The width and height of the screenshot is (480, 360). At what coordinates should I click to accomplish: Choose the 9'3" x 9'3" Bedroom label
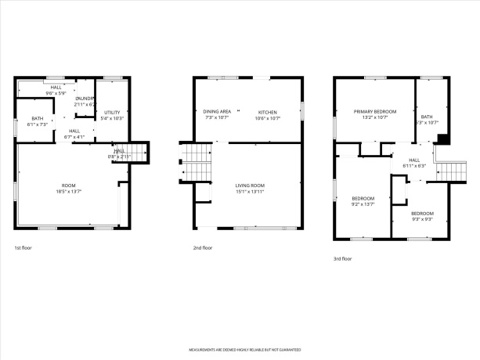[422, 216]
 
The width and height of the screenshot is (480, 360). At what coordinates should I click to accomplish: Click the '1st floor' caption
[23, 247]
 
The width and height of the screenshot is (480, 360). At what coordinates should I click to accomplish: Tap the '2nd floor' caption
[202, 247]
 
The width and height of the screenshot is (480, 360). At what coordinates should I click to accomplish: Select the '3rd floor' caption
[342, 258]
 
